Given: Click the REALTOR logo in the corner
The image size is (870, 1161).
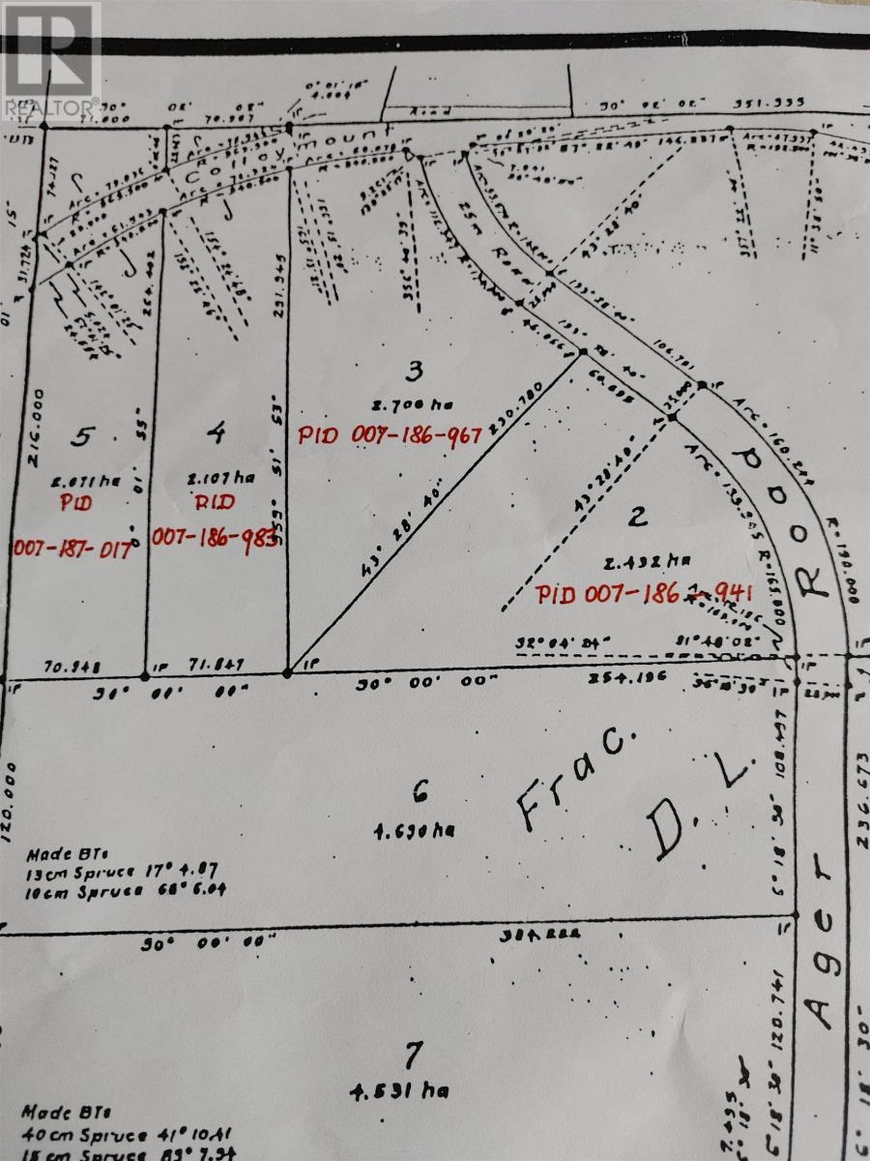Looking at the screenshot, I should point(50,60).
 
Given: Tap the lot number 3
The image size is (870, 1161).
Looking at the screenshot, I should point(415,369).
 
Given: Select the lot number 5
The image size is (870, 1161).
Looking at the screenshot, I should point(84,437).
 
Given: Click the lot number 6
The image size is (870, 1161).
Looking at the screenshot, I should point(419,793).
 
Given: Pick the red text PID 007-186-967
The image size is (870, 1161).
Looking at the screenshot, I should point(389,435).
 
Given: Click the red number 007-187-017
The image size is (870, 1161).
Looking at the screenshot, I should point(72,549).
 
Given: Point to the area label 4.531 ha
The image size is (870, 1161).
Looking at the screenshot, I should point(400,1091).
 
